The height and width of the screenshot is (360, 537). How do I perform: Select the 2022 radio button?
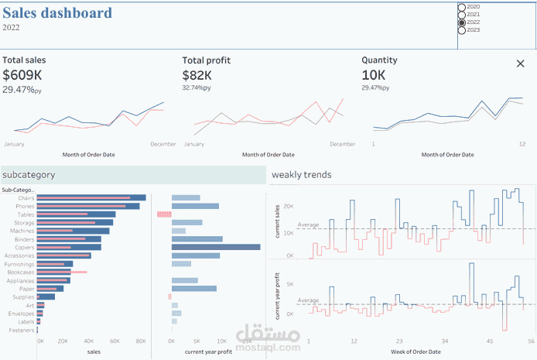(463, 22)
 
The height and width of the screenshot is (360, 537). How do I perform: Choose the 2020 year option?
(463, 7)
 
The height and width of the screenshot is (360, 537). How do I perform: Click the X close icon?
(520, 63)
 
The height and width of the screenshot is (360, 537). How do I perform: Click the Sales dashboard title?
(56, 13)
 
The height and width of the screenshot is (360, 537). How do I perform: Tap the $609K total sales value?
(22, 75)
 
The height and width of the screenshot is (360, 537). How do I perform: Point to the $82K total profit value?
(198, 75)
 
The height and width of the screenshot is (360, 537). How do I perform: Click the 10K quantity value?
(375, 75)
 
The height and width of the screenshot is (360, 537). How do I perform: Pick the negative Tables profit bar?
(164, 214)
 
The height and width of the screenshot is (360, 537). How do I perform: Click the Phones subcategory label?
(25, 207)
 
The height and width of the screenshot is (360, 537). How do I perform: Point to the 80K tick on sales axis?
(141, 341)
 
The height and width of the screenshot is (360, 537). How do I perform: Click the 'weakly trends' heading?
(301, 175)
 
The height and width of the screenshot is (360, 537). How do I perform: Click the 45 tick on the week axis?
(489, 341)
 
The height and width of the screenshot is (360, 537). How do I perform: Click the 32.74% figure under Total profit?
(194, 88)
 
